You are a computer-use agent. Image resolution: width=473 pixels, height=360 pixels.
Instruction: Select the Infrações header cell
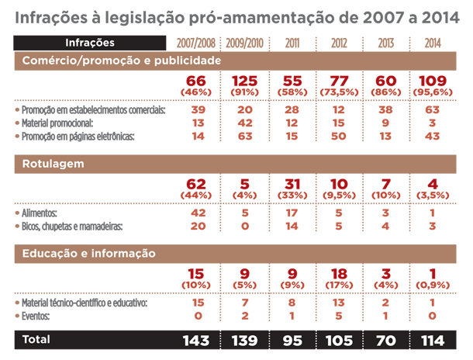click(90, 43)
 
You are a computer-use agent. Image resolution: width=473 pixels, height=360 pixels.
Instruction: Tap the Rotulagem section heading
click(54, 164)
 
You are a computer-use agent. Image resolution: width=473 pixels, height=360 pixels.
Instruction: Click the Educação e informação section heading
click(89, 253)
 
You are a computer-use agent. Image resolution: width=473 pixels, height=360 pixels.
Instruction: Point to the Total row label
click(36, 340)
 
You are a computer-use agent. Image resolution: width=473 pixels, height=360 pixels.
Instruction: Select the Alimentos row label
click(47, 211)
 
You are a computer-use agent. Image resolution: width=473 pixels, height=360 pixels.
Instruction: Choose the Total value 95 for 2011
click(292, 340)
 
